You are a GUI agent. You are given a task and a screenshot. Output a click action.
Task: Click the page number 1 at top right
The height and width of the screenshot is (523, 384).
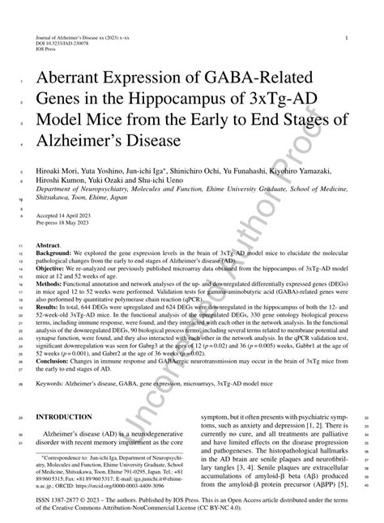click(x=347, y=37)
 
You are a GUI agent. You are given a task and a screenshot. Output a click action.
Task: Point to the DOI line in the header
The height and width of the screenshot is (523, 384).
click(x=59, y=44)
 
